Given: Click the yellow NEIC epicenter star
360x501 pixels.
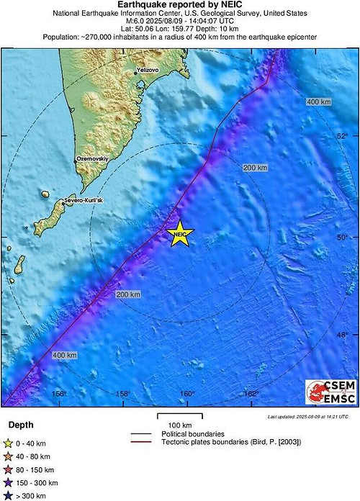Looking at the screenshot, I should (181, 234).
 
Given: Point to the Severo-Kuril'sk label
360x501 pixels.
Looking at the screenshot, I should (83, 199).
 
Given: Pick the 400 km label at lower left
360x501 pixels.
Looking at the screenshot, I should (65, 356).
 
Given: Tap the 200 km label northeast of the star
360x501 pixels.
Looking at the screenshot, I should (256, 168).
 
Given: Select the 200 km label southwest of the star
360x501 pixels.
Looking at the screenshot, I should (127, 295).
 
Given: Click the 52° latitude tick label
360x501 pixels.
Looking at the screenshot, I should (344, 136).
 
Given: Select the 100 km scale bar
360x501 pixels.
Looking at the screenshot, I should (180, 416).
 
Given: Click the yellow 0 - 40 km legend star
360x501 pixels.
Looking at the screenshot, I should (9, 442).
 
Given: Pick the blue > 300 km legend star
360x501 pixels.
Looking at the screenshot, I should (9, 495).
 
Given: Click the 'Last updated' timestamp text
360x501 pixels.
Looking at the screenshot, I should (307, 416).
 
